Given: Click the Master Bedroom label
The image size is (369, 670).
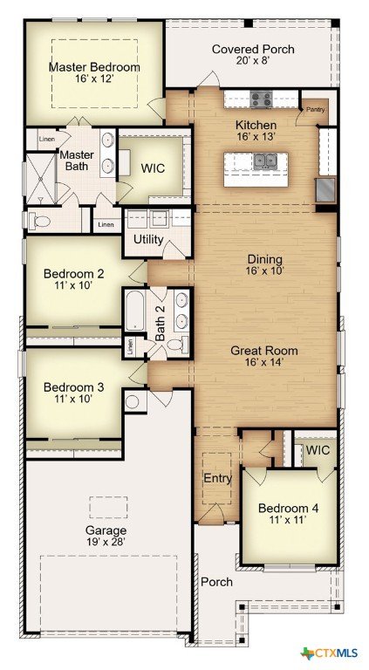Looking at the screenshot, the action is point(94,67).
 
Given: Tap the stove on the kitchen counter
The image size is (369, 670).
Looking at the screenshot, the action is point(262,99).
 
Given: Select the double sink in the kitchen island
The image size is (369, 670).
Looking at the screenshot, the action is point(265,161).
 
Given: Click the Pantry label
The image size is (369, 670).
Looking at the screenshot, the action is point(315,109).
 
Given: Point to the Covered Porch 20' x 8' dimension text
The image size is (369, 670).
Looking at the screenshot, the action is point(253,60).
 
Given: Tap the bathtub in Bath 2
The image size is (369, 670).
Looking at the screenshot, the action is point(134,310).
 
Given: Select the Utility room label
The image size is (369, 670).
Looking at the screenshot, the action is point(148,239).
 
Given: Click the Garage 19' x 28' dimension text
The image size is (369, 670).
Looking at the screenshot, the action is point(106,542).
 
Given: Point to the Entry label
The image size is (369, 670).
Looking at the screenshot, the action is point(218,478).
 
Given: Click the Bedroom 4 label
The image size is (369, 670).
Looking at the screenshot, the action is point(288,509).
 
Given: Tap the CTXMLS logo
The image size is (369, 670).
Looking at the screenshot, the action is point(329,653).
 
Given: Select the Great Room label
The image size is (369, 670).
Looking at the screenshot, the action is point(264,351).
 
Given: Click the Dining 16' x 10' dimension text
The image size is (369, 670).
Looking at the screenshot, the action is point(265,270).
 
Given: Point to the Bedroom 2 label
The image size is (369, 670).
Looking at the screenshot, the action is point(74,273).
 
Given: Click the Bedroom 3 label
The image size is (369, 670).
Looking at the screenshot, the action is point(74,387).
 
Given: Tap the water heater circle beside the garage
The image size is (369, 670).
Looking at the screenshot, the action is point(133,402).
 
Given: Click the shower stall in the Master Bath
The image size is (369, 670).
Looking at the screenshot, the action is point(41,179).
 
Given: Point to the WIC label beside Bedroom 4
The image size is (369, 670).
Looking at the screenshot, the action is point(318,450).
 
